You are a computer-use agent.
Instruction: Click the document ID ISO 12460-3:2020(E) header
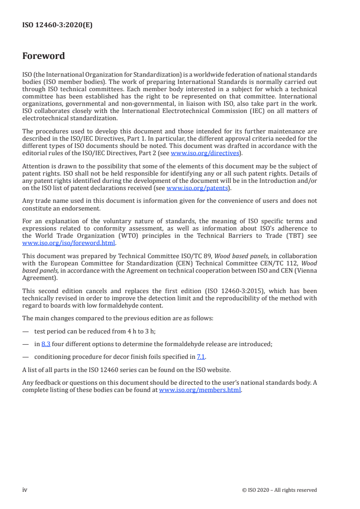pyautogui.click(x=57, y=25)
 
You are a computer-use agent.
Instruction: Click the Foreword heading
pyautogui.click(x=44, y=56)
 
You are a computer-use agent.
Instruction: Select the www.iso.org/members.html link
pyautogui.click(x=200, y=390)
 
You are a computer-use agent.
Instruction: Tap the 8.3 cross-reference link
pyautogui.click(x=45, y=344)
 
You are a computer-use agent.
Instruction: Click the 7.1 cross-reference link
pyautogui.click(x=201, y=357)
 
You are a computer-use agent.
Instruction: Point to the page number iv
pyautogui.click(x=25, y=489)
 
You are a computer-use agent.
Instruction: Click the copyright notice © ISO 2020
pyautogui.click(x=280, y=490)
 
